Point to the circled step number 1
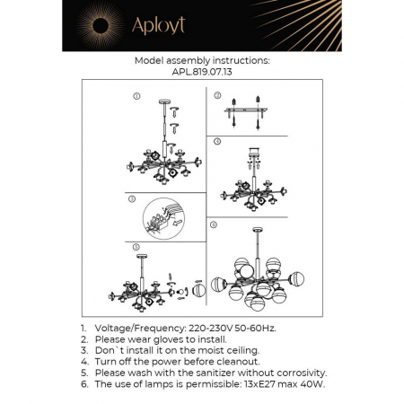coord(136,95)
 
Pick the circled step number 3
coord(131,198)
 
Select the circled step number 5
coord(136,245)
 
